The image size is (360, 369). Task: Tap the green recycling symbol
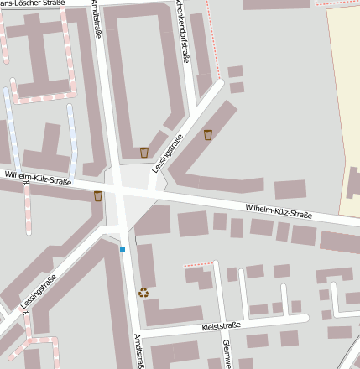143,293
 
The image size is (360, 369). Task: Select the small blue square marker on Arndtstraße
123,250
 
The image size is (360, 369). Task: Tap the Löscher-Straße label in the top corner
38,3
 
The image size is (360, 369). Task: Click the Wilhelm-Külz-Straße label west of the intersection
38,177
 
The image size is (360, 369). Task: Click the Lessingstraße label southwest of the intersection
39,290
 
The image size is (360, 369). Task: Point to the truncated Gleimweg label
226,353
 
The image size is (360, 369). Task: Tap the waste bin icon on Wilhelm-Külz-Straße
98,196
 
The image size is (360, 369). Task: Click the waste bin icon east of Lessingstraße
208,135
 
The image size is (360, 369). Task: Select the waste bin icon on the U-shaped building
144,152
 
